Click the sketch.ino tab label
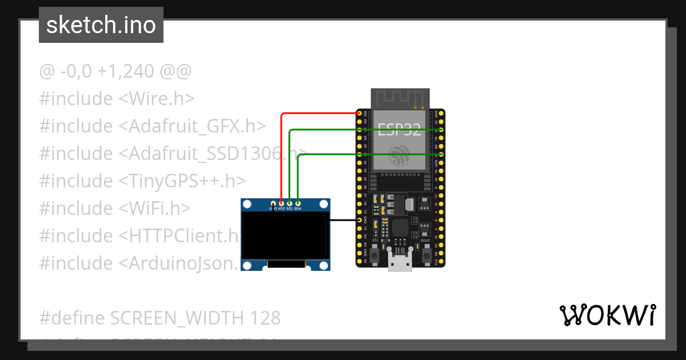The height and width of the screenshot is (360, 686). tap(101, 26)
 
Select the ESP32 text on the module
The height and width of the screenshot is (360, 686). tap(400, 130)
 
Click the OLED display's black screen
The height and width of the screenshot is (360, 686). tap(284, 235)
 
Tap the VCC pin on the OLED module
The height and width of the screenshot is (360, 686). tap(281, 203)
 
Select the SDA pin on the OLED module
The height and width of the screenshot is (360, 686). tap(298, 203)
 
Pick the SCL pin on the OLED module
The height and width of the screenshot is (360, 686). tap(290, 203)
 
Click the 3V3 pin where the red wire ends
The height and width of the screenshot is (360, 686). tap(360, 114)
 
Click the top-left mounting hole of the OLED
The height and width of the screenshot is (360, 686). tap(247, 205)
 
